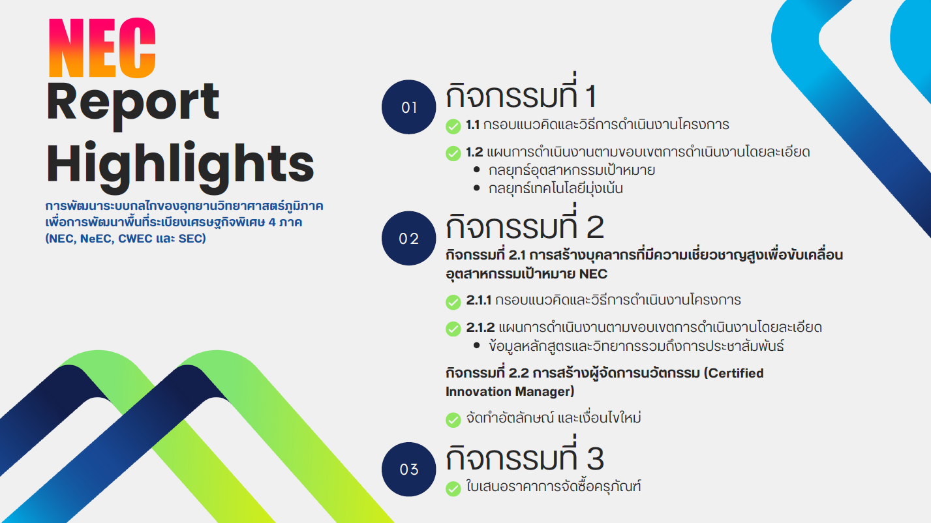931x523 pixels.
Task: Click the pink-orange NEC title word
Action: tap(102, 48)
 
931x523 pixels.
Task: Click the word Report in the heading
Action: tap(133, 104)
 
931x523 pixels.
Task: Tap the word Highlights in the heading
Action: tap(180, 166)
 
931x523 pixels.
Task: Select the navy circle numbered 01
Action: tap(408, 107)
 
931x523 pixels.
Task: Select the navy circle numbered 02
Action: tap(408, 238)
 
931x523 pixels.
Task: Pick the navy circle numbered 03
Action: tap(408, 469)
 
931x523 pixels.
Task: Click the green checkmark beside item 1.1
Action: tap(453, 127)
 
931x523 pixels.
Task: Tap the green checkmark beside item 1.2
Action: tap(453, 153)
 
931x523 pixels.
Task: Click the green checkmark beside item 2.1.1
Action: tap(453, 302)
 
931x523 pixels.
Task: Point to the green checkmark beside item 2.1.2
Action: tap(453, 329)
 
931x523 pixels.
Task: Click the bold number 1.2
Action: tap(474, 152)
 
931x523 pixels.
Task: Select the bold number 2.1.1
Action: tap(478, 300)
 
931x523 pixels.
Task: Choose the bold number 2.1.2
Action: tap(480, 327)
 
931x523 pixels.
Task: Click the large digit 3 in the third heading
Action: tap(595, 458)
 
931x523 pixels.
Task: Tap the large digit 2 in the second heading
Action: tap(595, 227)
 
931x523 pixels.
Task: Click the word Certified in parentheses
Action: tap(736, 373)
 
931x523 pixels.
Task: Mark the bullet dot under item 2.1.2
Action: tap(476, 345)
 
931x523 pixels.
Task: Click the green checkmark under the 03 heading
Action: tap(453, 488)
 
